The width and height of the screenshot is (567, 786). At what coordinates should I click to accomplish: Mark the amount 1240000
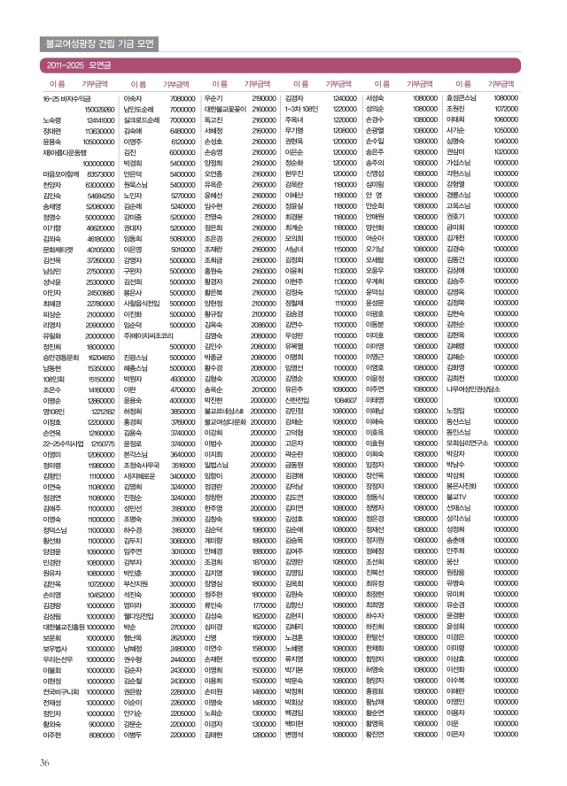point(343,97)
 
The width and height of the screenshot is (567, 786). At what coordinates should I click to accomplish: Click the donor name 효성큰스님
point(463,97)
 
